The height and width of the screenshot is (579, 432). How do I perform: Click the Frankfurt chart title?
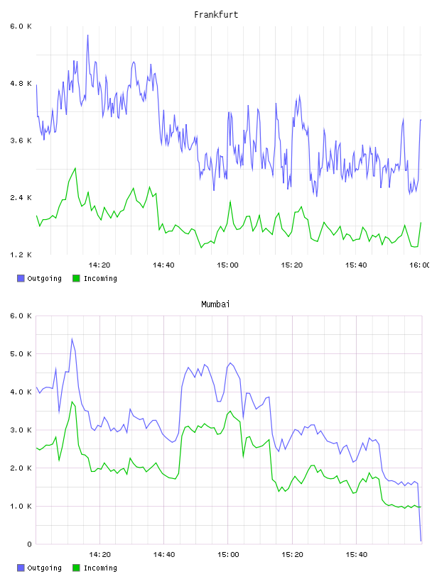(216, 14)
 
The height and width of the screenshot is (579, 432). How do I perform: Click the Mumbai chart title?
(215, 304)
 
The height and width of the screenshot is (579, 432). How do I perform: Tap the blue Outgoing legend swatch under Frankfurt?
(21, 278)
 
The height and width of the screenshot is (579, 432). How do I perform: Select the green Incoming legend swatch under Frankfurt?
(76, 278)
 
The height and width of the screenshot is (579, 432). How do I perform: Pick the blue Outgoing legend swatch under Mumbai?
(21, 568)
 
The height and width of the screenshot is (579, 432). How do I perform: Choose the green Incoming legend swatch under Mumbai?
(76, 568)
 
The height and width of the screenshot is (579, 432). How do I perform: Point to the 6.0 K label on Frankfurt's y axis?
(21, 26)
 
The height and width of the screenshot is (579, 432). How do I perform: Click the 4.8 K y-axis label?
(21, 84)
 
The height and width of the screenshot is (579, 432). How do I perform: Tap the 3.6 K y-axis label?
(21, 140)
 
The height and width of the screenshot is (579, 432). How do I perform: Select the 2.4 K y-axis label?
(21, 198)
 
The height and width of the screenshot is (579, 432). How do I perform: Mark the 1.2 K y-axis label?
(21, 255)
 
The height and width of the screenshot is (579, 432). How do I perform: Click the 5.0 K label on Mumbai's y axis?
(21, 354)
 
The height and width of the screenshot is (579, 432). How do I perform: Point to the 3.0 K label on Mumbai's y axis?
(21, 430)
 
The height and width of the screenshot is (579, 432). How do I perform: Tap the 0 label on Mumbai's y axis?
(29, 544)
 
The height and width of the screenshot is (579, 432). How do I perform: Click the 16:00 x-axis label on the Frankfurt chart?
(420, 265)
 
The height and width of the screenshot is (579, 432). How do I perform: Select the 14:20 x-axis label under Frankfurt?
(99, 265)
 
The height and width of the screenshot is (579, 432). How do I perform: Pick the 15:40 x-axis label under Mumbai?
(357, 554)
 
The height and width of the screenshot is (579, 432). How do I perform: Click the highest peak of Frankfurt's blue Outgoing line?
(87, 35)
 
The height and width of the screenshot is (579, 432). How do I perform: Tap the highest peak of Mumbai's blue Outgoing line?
(72, 338)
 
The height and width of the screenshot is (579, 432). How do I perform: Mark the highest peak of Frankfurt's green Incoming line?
(75, 168)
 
